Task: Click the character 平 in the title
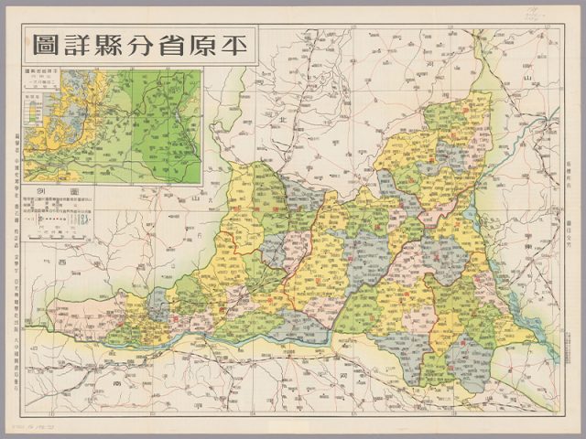(233, 46)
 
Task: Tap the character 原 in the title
(200, 46)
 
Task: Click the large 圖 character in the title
(40, 46)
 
